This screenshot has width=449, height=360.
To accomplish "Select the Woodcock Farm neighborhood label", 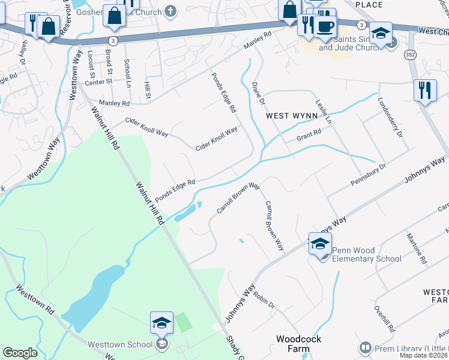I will (x=298, y=343).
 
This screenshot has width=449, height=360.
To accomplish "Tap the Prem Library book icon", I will (x=364, y=347).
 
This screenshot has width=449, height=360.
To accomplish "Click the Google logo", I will (x=20, y=353).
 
